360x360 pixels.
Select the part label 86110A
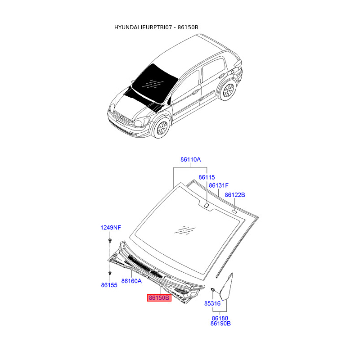pos(190,160)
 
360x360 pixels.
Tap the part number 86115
pos(207,178)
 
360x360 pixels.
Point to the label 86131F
pos(219,185)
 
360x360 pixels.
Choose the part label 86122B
pos(235,195)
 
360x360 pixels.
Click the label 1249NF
pos(110,228)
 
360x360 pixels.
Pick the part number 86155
pos(108,285)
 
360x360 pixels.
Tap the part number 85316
pos(212,303)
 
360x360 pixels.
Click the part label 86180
pos(220,318)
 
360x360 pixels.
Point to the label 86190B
pos(220,324)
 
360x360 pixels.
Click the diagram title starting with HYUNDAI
pos(156,27)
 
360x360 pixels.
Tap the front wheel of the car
pos(160,128)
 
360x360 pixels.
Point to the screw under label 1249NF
pos(110,243)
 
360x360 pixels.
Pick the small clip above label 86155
pos(110,273)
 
